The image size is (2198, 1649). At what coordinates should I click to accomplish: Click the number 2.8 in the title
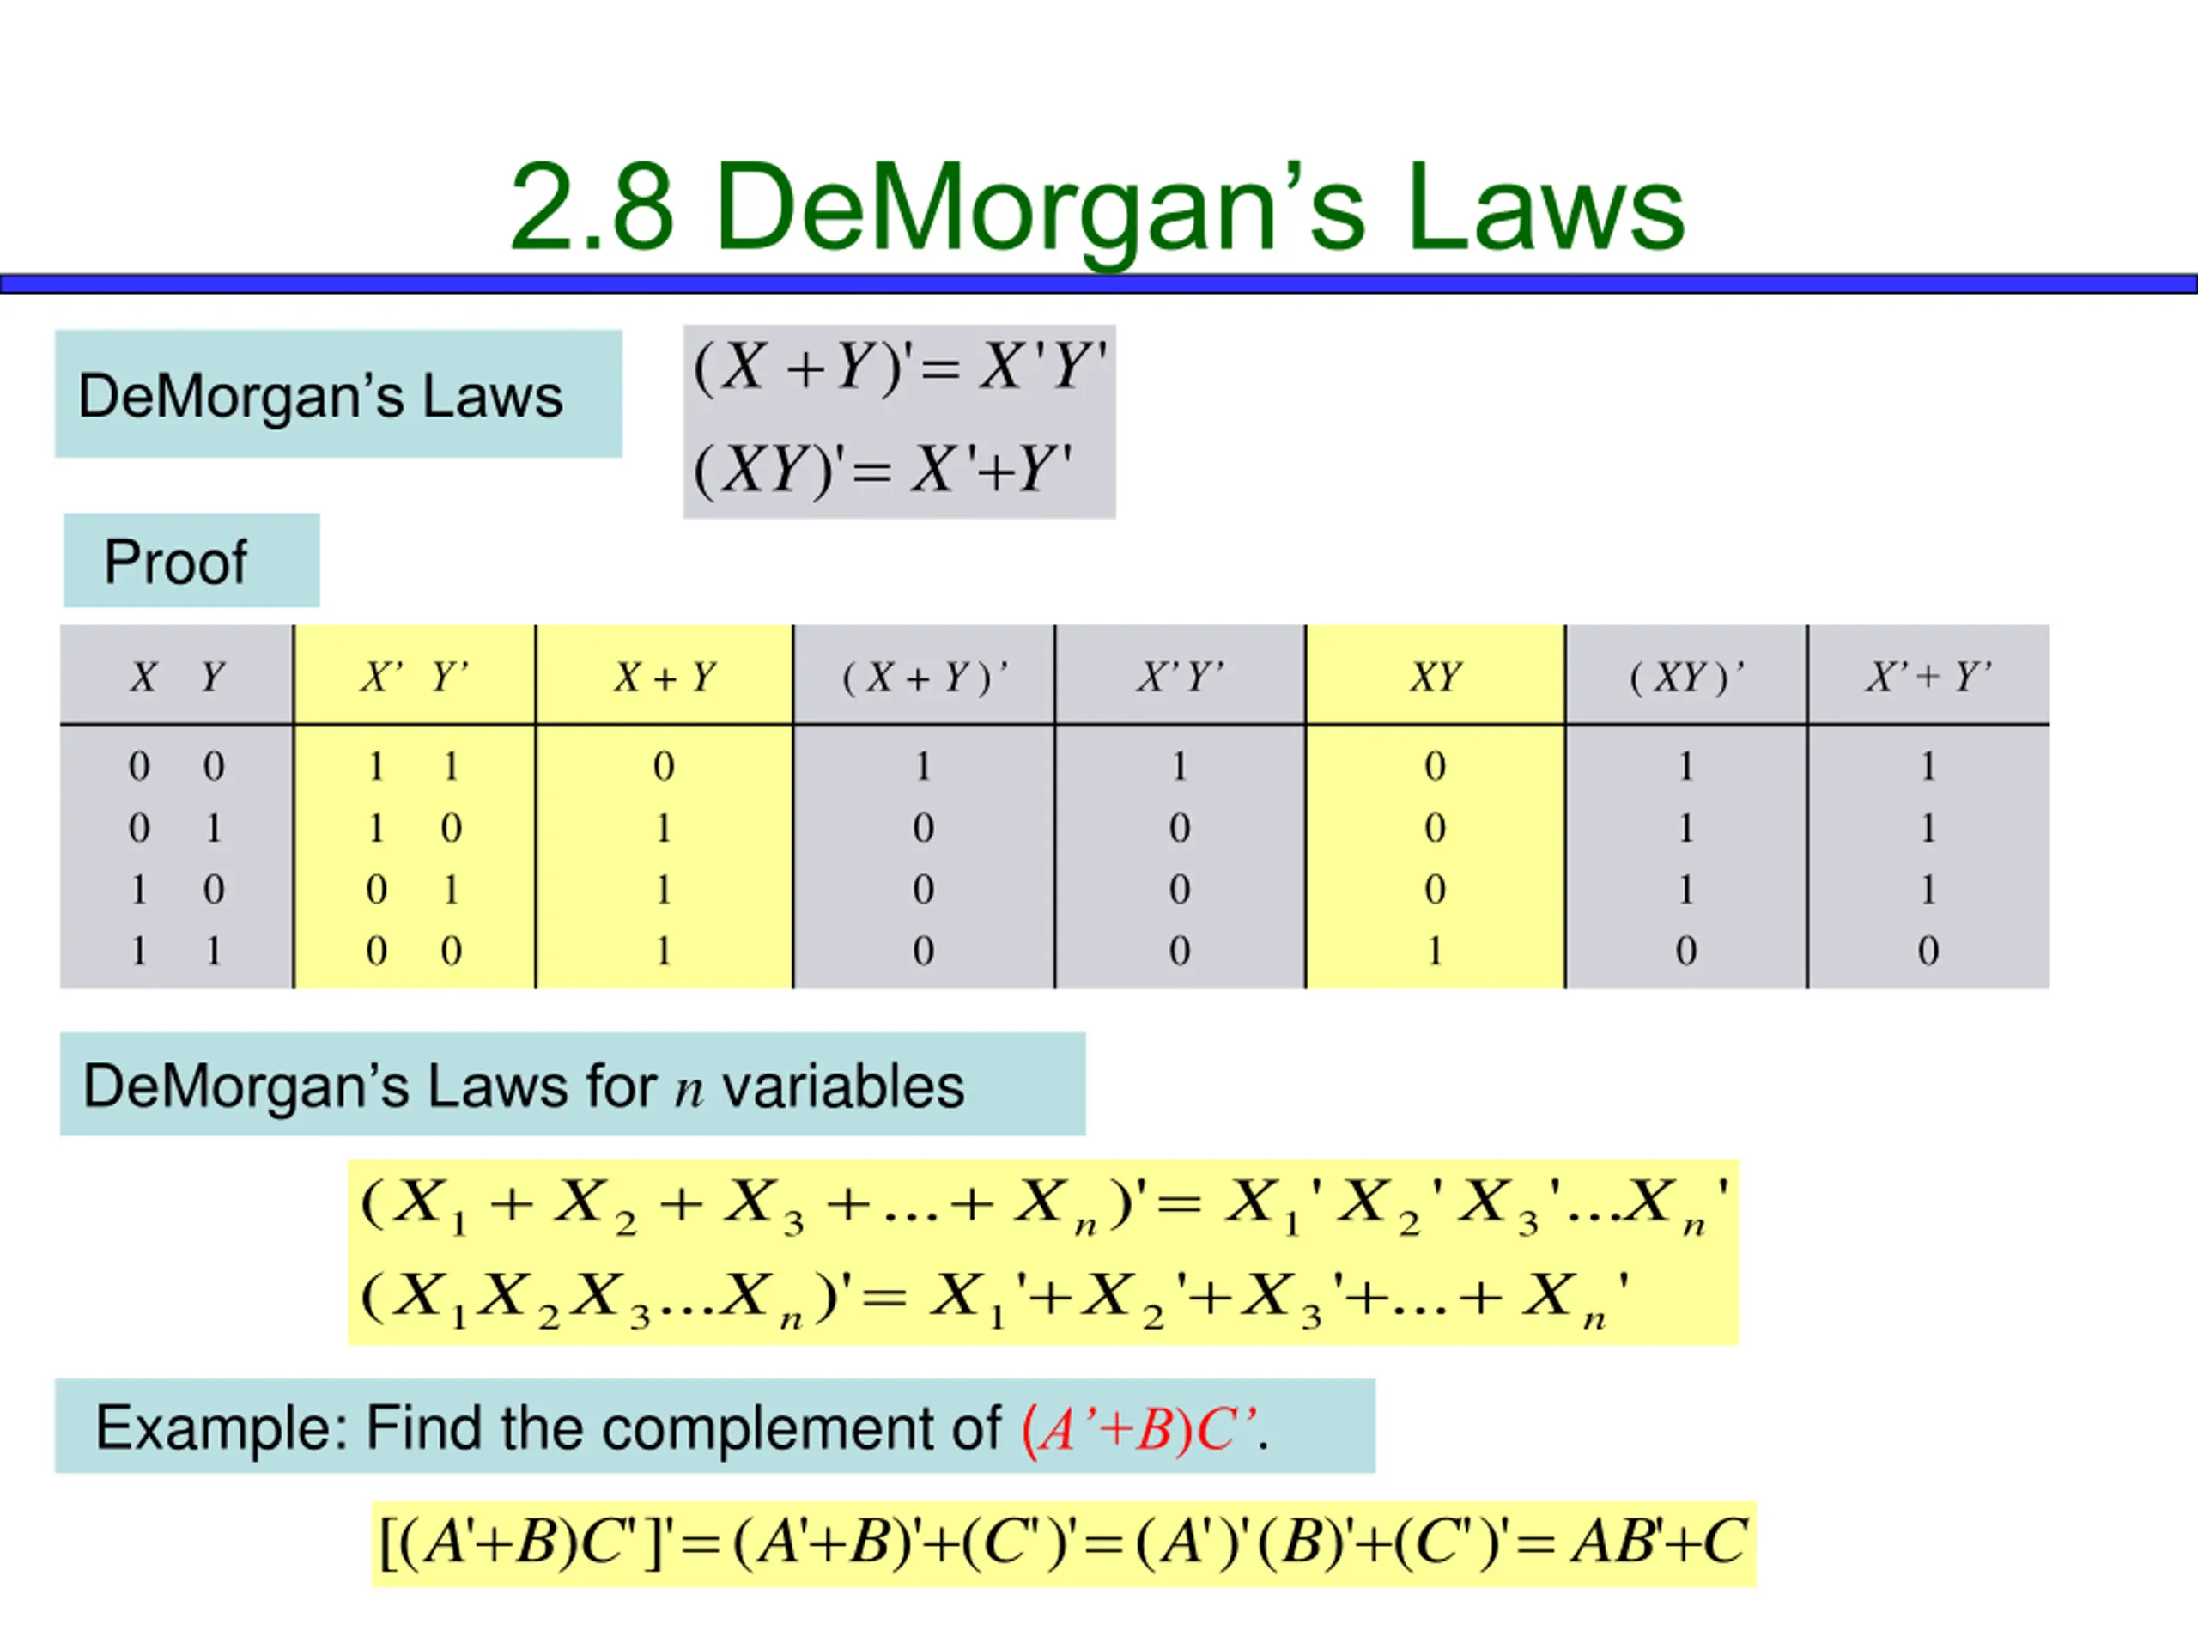592,209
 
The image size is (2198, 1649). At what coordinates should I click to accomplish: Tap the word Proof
175,563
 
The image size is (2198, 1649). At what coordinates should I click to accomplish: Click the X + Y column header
664,678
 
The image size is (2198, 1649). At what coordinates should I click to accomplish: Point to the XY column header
1434,678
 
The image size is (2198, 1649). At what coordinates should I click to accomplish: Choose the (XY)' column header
1685,678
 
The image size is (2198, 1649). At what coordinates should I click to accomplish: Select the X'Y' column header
1180,678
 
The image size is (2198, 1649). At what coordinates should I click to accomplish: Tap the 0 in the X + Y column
664,766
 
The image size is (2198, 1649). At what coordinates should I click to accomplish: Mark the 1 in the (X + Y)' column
923,766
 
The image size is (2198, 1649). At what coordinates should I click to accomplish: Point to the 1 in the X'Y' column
1180,766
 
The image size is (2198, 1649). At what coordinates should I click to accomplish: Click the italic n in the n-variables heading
689,1089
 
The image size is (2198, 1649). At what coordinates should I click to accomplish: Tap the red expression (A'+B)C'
1138,1430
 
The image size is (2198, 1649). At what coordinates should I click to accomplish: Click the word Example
219,1428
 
